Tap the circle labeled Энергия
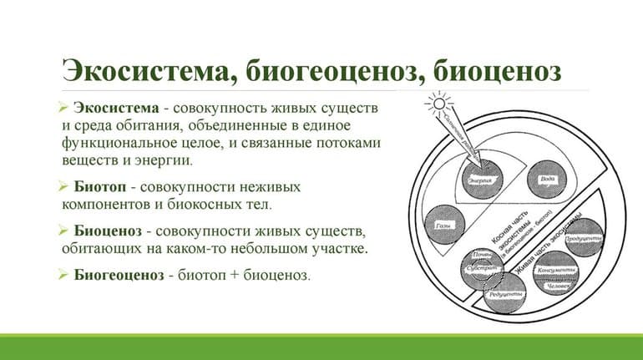(478, 178)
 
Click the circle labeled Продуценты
(583, 236)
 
